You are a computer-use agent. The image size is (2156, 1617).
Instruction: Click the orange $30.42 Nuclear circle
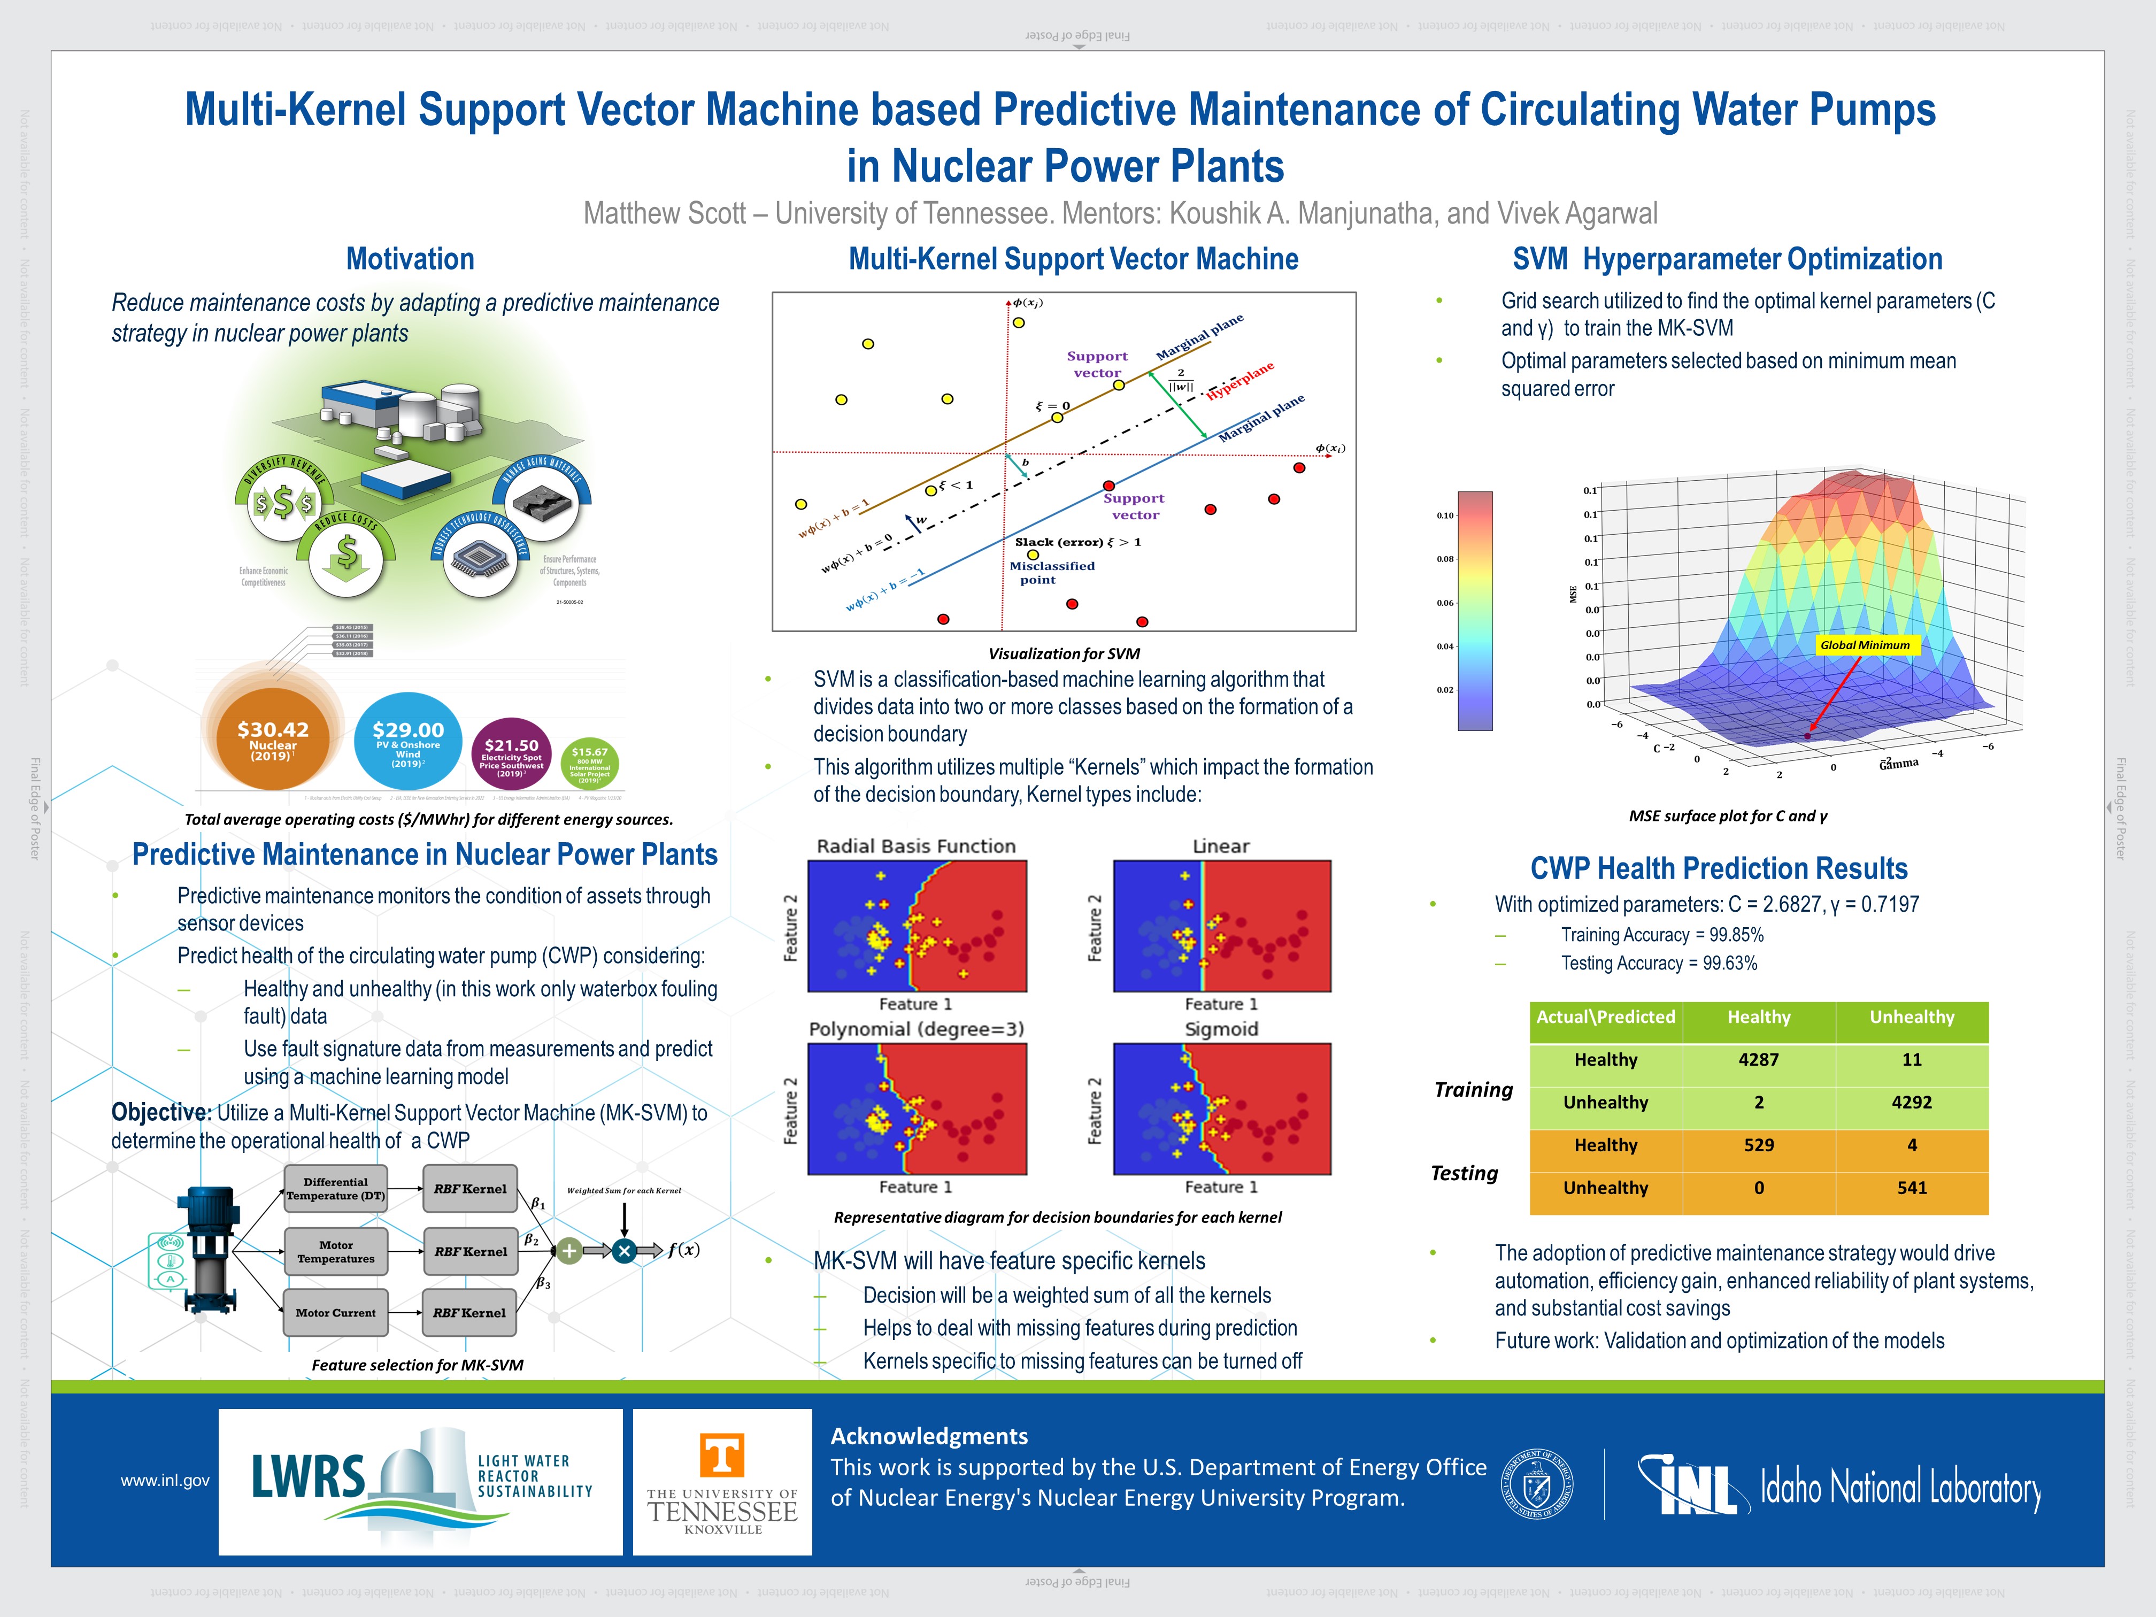[x=272, y=741]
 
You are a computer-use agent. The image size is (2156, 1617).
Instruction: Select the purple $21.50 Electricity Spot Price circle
[x=511, y=756]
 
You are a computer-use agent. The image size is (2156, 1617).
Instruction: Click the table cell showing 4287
[x=1758, y=1059]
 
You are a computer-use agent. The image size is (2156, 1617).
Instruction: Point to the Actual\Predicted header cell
[x=1605, y=1017]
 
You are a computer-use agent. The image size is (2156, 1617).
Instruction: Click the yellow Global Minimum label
[x=1865, y=645]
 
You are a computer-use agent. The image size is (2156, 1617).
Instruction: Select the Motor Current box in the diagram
[x=335, y=1313]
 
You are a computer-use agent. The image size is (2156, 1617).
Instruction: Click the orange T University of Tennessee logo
[x=722, y=1455]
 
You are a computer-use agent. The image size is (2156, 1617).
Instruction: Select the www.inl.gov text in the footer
[x=165, y=1481]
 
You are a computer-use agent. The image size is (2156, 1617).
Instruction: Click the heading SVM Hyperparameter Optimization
[x=1727, y=259]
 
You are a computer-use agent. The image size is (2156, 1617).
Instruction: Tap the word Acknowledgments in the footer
[x=929, y=1436]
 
